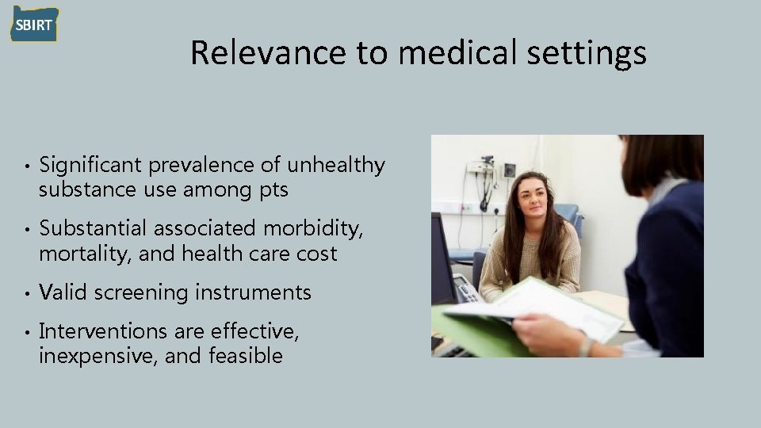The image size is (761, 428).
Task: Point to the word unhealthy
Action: (x=336, y=166)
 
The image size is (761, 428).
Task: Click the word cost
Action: (x=318, y=254)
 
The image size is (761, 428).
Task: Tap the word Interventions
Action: (x=99, y=331)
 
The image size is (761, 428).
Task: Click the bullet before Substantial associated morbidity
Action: (x=26, y=230)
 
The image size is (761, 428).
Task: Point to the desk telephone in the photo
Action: (x=466, y=289)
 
